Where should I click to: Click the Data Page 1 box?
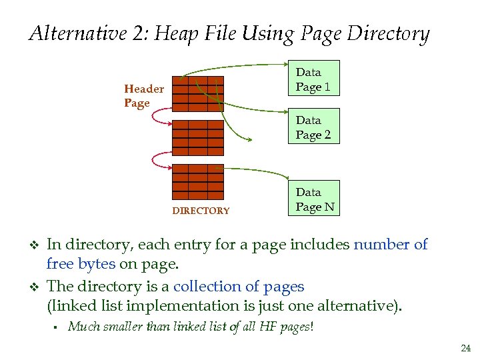(313, 79)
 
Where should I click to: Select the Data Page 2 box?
(313, 127)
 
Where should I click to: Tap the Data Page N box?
(315, 199)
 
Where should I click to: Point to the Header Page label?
(143, 96)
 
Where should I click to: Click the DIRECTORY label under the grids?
(201, 211)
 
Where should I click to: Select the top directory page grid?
(198, 93)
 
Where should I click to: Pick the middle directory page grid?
(198, 137)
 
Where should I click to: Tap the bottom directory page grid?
(198, 181)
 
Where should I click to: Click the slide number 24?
(465, 347)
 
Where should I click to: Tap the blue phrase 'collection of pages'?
(239, 287)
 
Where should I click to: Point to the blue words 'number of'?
(391, 245)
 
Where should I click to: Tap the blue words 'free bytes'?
(81, 264)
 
